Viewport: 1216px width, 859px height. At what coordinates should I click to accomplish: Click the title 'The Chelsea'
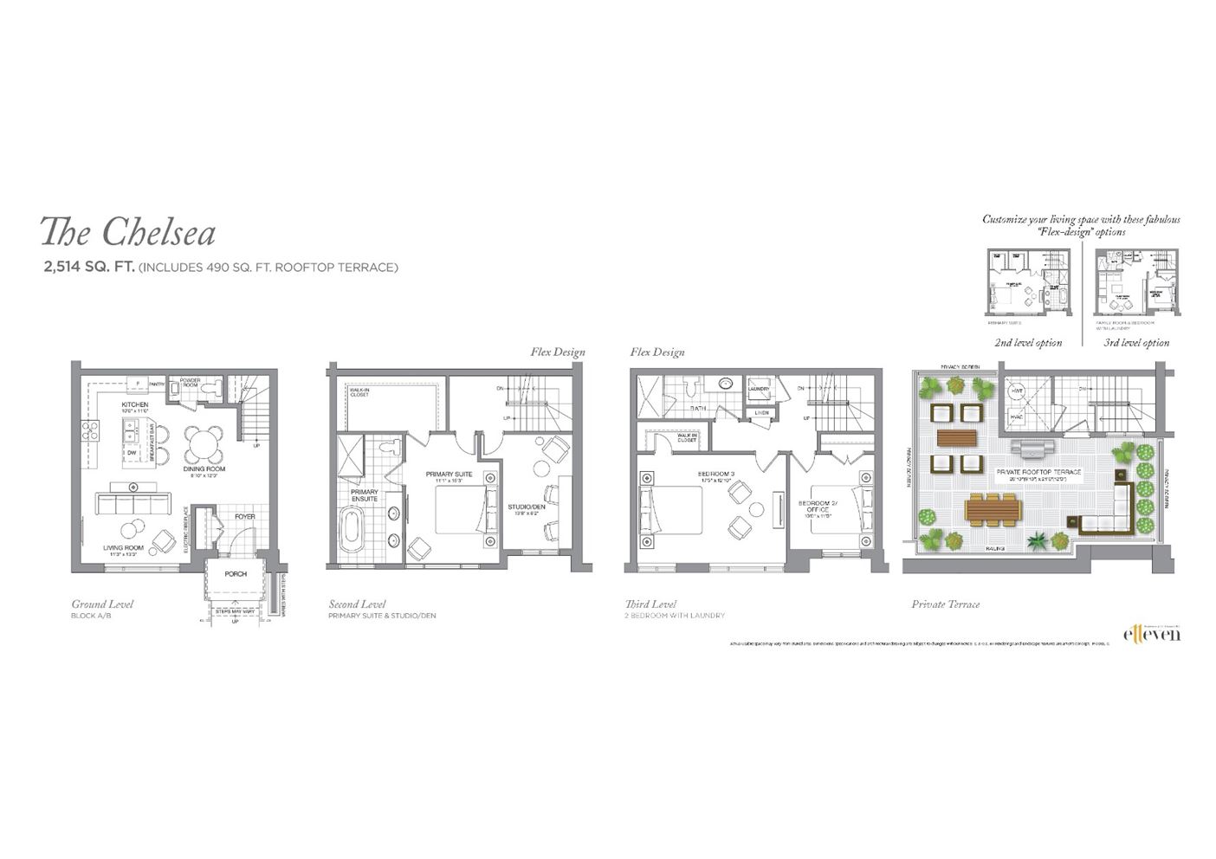point(127,232)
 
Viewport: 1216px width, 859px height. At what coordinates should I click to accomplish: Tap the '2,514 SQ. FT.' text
point(89,268)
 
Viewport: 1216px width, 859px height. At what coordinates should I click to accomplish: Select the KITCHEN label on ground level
point(134,404)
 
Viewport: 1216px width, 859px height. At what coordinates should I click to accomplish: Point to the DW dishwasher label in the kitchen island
point(131,453)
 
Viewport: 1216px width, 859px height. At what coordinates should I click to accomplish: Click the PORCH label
point(236,573)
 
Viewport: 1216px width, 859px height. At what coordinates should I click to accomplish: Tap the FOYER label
point(244,517)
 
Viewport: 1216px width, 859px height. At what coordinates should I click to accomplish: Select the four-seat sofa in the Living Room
point(133,504)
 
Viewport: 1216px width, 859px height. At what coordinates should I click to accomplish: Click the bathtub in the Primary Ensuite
point(352,531)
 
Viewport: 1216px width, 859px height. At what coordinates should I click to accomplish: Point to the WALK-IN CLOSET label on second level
point(359,392)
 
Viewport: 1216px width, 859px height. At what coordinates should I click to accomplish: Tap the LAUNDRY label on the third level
point(759,390)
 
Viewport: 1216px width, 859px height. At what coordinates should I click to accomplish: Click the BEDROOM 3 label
point(715,474)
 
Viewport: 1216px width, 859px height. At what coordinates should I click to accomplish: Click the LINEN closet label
point(760,413)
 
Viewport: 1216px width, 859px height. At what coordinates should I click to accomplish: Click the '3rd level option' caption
point(1136,343)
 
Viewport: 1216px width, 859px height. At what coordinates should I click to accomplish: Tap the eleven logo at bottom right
point(1151,635)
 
